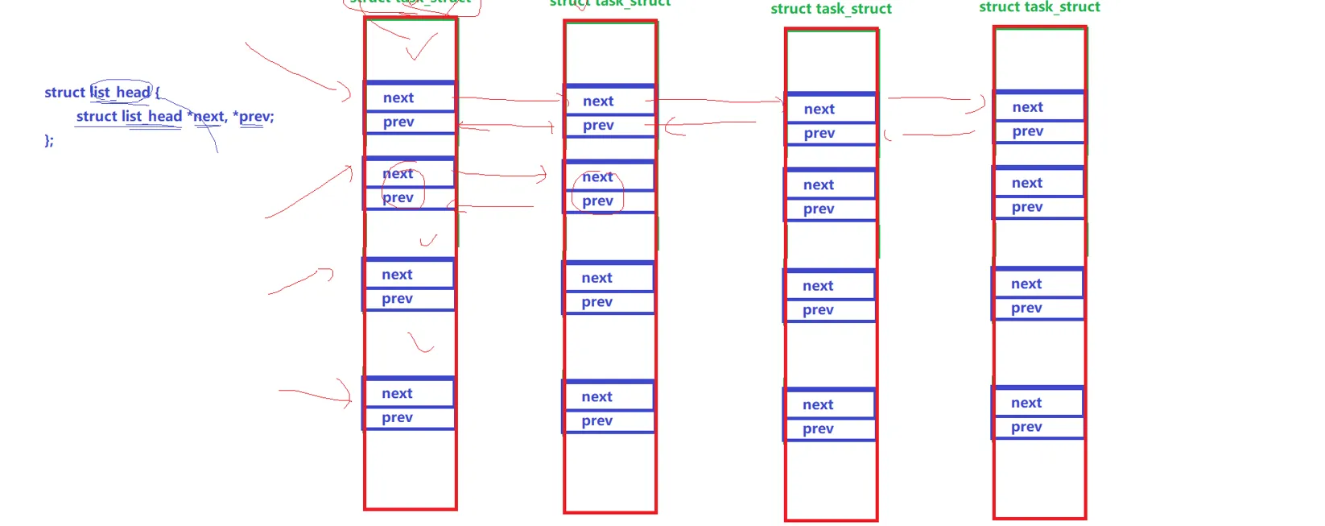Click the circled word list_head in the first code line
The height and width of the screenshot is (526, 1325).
click(x=121, y=92)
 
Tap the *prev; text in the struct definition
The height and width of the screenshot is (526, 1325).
click(x=254, y=116)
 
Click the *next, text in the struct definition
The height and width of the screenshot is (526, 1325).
click(x=207, y=116)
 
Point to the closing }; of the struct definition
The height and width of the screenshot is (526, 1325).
click(x=49, y=140)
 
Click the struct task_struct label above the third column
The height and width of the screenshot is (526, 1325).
click(x=831, y=9)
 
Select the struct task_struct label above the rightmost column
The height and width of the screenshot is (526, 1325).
click(x=1039, y=7)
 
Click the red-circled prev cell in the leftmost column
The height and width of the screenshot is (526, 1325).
click(x=398, y=197)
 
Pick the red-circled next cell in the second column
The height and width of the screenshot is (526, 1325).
click(x=597, y=176)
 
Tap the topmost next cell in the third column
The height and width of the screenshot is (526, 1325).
click(x=819, y=109)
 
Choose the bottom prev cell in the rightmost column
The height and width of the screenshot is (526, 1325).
click(x=1026, y=427)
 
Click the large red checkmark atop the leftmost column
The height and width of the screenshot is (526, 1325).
click(x=422, y=48)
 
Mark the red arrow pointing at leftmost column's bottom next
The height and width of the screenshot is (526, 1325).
click(x=316, y=394)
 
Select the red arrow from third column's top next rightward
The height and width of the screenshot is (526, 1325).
click(x=935, y=100)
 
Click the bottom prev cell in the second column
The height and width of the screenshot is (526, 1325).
click(x=597, y=420)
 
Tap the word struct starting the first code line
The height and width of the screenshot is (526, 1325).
click(x=64, y=92)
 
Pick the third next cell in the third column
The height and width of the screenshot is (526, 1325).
click(x=818, y=286)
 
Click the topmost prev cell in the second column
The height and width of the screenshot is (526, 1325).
click(x=598, y=125)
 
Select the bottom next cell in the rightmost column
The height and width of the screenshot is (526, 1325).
click(x=1026, y=403)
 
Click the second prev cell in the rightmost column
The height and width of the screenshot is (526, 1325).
click(x=1027, y=207)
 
